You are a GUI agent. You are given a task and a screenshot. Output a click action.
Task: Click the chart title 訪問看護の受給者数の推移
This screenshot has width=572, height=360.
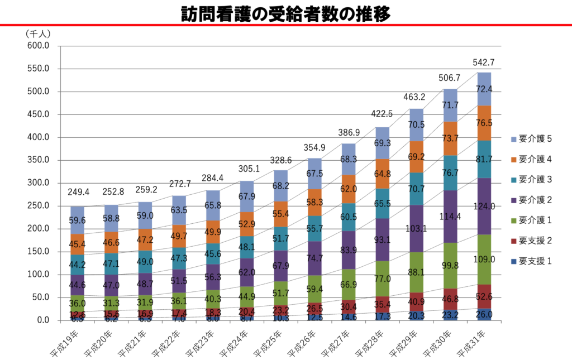coord(286,13)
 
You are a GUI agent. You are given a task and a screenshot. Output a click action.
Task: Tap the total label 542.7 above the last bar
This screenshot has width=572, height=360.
coord(484,63)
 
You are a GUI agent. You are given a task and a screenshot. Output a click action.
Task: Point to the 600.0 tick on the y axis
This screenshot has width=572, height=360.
coord(39,46)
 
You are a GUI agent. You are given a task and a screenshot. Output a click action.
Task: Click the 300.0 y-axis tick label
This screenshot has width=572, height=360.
coord(39,183)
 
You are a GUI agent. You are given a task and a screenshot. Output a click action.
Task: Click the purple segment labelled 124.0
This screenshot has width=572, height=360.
coord(484,206)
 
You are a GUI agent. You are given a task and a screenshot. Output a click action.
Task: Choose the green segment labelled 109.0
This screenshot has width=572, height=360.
coord(484,260)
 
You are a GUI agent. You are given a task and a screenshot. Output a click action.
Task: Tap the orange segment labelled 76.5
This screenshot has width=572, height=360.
coord(484,123)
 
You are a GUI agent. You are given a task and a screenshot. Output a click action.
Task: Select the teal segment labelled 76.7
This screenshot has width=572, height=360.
coord(450,173)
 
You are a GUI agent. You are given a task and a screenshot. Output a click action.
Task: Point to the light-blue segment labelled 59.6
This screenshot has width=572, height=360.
coord(78,220)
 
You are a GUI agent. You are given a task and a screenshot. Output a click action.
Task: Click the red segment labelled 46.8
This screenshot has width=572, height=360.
coord(450,299)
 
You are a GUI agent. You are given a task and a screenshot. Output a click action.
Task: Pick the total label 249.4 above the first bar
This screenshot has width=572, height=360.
coord(78,193)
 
